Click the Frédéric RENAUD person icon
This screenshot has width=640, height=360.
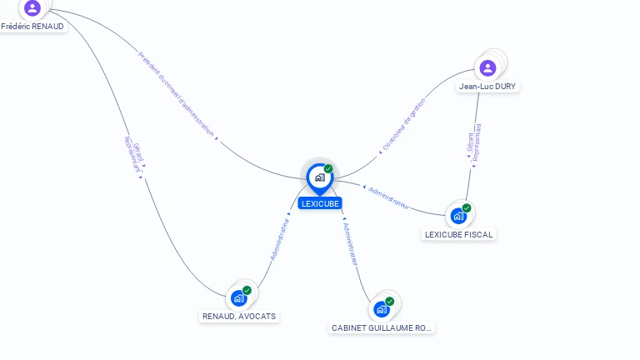pyautogui.click(x=32, y=8)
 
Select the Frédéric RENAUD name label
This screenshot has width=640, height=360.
pyautogui.click(x=32, y=27)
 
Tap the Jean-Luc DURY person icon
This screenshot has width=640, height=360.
pyautogui.click(x=488, y=67)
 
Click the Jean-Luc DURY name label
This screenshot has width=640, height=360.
pyautogui.click(x=487, y=87)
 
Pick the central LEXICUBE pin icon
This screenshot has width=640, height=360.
pyautogui.click(x=319, y=177)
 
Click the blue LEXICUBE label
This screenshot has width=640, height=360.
pyautogui.click(x=320, y=203)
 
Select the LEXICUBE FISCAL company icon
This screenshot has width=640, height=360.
pyautogui.click(x=458, y=216)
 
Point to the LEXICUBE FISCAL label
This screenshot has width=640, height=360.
pyautogui.click(x=459, y=235)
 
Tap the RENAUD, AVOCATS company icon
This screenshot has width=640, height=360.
pyautogui.click(x=239, y=297)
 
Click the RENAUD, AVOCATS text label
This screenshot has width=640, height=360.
pyautogui.click(x=239, y=317)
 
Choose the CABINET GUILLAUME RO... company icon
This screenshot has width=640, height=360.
pyautogui.click(x=382, y=309)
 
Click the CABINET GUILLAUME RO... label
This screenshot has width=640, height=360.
pyautogui.click(x=382, y=328)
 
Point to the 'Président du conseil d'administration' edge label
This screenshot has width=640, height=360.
pyautogui.click(x=176, y=94)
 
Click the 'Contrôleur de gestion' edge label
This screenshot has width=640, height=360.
pyautogui.click(x=403, y=125)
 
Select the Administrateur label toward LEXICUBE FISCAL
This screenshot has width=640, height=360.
pyautogui.click(x=388, y=197)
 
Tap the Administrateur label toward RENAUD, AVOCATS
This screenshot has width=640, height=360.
pyautogui.click(x=280, y=239)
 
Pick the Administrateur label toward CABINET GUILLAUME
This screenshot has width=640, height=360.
pyautogui.click(x=350, y=244)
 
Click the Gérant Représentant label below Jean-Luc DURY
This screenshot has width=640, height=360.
pyautogui.click(x=474, y=142)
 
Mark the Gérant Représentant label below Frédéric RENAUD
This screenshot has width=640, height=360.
pyautogui.click(x=134, y=154)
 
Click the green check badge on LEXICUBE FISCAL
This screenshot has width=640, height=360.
pyautogui.click(x=467, y=208)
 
